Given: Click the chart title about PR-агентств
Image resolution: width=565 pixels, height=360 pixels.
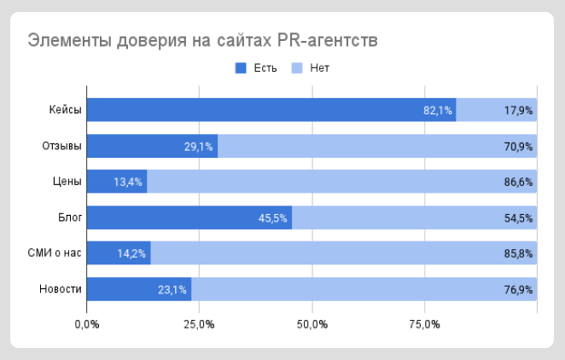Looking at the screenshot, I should click(x=202, y=40).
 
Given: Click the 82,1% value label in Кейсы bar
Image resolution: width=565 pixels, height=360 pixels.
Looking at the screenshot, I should click(x=438, y=110).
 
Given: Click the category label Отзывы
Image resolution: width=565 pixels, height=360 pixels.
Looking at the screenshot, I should click(x=61, y=146).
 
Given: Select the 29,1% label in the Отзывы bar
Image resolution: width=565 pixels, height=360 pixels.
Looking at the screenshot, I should click(x=199, y=146).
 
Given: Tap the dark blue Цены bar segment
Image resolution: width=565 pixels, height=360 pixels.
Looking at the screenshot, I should click(x=117, y=182).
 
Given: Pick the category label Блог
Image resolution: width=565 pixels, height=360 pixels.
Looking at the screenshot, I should click(x=69, y=218).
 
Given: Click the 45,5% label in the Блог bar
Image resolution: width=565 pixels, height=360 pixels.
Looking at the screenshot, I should click(x=273, y=218).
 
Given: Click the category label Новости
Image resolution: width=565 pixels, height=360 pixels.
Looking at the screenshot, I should click(x=61, y=289).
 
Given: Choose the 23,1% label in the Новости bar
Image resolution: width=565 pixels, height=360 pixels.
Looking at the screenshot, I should click(x=172, y=289).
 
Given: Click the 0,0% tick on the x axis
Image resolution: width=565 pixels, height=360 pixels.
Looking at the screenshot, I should click(x=87, y=324).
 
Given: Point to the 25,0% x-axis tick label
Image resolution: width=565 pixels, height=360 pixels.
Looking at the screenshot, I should click(x=199, y=324).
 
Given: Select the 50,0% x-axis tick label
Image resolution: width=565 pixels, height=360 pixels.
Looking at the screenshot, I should click(x=312, y=324).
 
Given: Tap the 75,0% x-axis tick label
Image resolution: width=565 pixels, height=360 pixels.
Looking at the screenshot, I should click(x=424, y=324).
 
